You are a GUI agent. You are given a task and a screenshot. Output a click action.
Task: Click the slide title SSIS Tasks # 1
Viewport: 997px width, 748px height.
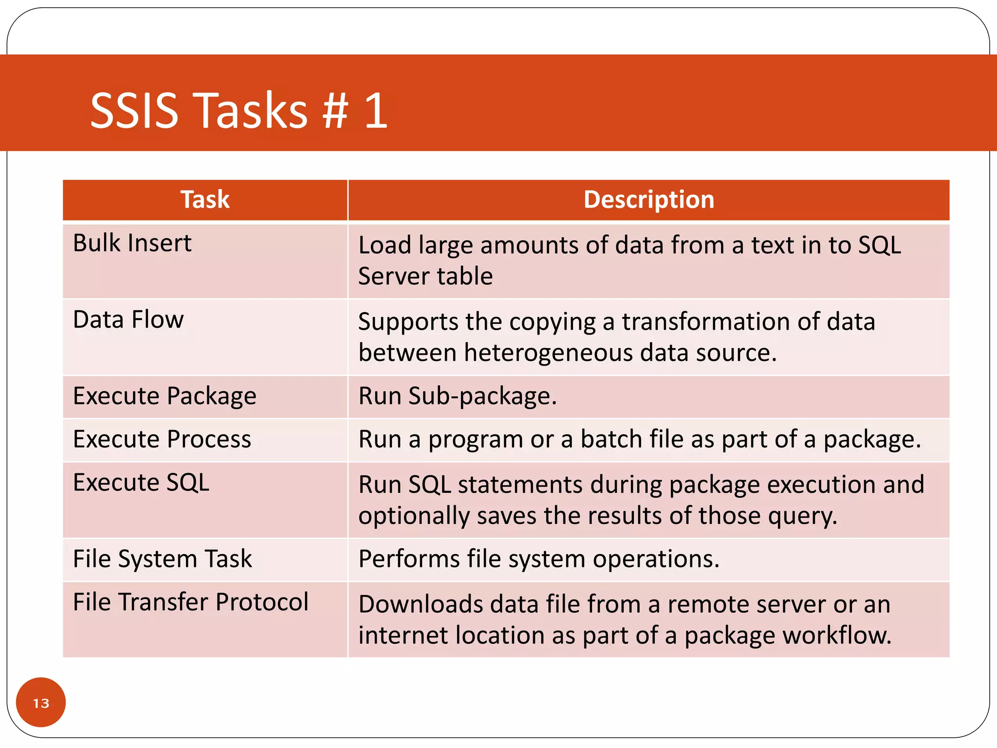239,111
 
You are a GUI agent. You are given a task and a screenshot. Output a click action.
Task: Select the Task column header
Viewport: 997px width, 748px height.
205,200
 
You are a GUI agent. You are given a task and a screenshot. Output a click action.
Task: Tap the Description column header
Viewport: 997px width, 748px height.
648,200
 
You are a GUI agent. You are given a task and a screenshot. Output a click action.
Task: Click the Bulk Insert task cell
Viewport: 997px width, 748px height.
132,243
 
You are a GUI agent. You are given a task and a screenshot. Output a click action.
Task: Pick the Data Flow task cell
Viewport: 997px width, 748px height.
128,320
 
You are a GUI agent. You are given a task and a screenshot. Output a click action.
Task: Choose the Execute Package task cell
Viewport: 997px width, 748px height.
165,396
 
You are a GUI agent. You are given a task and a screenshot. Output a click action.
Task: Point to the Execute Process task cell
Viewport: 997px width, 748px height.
162,439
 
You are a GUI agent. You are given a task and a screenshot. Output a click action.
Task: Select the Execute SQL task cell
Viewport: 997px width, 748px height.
141,483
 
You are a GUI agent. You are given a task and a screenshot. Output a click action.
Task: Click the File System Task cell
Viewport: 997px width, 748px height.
163,559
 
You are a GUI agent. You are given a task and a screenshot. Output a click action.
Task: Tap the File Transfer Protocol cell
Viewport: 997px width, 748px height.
191,602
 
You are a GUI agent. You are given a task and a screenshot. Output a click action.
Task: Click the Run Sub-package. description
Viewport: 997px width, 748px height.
458,396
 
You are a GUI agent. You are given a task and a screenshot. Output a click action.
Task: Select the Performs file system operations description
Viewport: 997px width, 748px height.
539,559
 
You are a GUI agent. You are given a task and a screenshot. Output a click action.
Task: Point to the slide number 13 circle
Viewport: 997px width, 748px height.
41,703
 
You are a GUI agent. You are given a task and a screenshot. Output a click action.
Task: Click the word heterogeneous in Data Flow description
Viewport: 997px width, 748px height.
548,353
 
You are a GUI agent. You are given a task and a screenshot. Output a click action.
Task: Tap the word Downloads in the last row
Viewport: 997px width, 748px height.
421,604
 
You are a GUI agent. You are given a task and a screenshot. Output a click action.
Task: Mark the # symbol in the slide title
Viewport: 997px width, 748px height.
335,111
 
